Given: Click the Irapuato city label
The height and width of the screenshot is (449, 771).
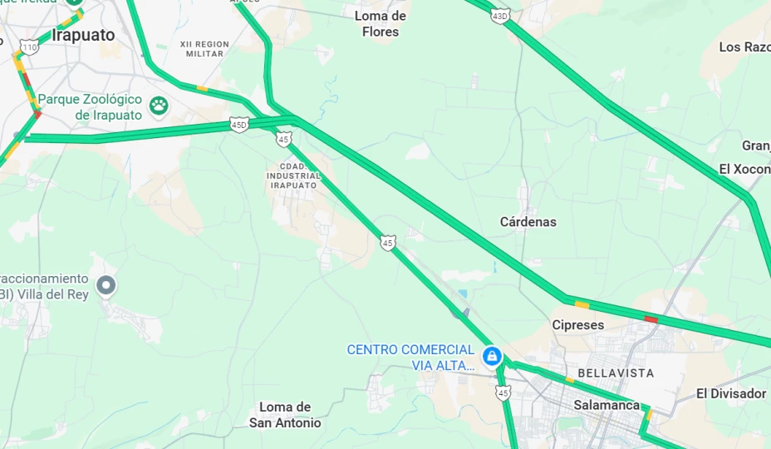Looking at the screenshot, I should pos(83,36).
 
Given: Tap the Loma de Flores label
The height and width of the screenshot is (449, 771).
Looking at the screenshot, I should pos(380,24).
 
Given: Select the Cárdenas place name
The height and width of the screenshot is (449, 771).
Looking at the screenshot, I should pos(528,222).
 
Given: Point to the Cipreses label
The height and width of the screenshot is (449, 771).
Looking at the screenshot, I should pos(578,325).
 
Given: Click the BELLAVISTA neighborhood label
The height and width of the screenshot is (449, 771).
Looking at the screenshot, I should pos(616,373).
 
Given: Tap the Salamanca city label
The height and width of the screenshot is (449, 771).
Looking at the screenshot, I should pos(606,405).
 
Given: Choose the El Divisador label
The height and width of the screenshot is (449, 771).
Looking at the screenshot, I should pos(731,393).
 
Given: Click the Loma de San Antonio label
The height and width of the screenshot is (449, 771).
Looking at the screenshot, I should pos(285,415).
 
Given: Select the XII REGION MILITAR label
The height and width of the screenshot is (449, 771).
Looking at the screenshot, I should pos(204,48).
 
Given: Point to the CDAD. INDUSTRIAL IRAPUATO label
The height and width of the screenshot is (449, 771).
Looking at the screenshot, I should pos(292,176).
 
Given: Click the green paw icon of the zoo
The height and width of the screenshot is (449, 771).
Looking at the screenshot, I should pos(159,106).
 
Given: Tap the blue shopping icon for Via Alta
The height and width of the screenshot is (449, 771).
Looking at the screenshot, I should pos(493,357).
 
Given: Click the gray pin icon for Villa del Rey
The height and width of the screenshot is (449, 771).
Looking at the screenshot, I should pos(106,286).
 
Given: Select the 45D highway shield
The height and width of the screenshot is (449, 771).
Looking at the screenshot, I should pos(239,126).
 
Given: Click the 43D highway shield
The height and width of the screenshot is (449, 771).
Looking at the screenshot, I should pos(499,16).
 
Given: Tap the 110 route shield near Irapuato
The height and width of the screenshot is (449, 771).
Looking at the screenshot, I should pos(30,47).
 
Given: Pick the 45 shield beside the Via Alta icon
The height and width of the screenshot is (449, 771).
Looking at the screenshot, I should pos(503,392).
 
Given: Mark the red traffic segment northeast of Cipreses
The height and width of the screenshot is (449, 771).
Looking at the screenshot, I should pos(651,319).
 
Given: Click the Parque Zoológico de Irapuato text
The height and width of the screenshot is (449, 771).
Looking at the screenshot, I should pos(91,106).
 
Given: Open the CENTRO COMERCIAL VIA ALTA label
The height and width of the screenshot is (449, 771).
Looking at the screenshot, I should pos(410,358).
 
